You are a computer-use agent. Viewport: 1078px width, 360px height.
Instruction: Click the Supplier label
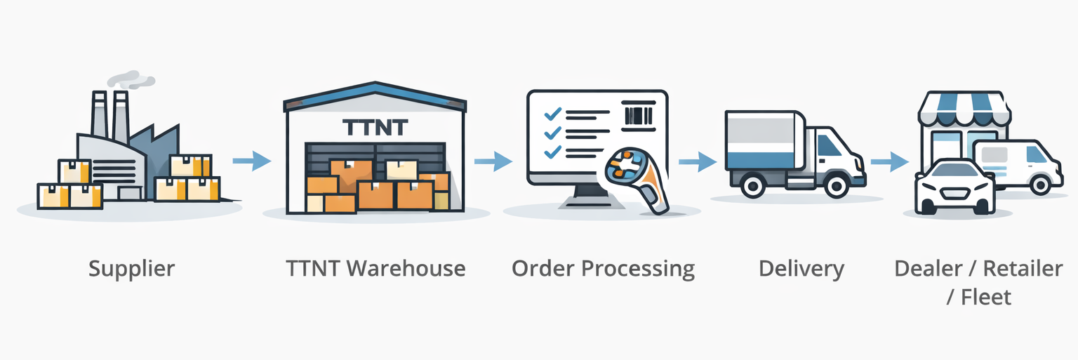131,269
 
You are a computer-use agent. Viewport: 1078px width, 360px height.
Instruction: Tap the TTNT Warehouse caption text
375,269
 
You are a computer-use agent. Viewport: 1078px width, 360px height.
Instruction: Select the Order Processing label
603,269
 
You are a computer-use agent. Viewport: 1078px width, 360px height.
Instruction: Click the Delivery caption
801,269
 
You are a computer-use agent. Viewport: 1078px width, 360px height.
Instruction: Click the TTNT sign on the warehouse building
375,127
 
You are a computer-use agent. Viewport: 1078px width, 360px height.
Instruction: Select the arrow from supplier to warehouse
251,161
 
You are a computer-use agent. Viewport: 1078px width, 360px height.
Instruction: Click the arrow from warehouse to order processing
493,161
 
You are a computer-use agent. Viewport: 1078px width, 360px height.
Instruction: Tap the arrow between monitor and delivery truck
697,162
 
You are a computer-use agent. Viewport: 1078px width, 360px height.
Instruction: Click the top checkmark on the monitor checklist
552,113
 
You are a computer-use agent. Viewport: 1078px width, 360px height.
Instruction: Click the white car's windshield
954,171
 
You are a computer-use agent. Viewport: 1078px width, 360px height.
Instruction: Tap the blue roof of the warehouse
375,97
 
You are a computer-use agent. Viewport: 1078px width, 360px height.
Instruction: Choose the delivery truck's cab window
829,145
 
